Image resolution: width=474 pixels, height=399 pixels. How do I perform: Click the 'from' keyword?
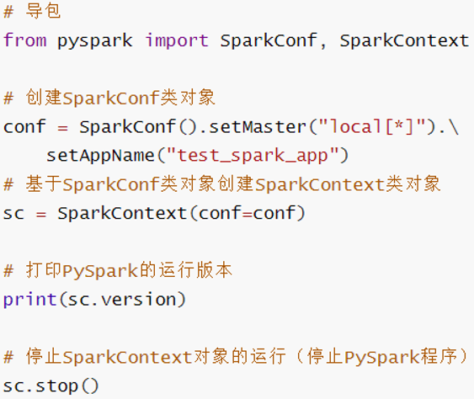[24, 40]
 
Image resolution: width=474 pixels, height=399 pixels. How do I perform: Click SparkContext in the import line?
[404, 40]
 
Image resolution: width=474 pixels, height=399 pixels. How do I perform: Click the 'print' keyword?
[29, 299]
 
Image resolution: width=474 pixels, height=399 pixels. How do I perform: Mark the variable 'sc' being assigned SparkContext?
[13, 213]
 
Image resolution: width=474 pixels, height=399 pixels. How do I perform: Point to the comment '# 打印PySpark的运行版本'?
[118, 270]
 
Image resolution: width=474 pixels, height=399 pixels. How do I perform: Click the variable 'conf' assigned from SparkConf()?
[24, 127]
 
